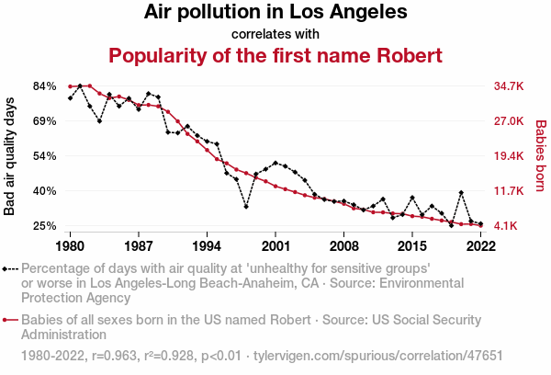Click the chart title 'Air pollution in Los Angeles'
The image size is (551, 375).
click(275, 13)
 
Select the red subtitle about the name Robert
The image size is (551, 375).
click(275, 55)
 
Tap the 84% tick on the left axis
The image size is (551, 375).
click(46, 86)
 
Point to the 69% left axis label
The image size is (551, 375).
click(46, 121)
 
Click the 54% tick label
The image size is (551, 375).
click(46, 156)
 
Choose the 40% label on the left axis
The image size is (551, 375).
click(46, 191)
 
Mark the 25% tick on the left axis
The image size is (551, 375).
click(46, 226)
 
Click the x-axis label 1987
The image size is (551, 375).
click(139, 246)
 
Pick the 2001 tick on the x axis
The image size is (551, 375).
click(275, 246)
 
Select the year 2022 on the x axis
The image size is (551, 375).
click(480, 246)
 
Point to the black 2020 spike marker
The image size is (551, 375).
click(461, 193)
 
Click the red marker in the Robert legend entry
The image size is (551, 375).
click(6, 320)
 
